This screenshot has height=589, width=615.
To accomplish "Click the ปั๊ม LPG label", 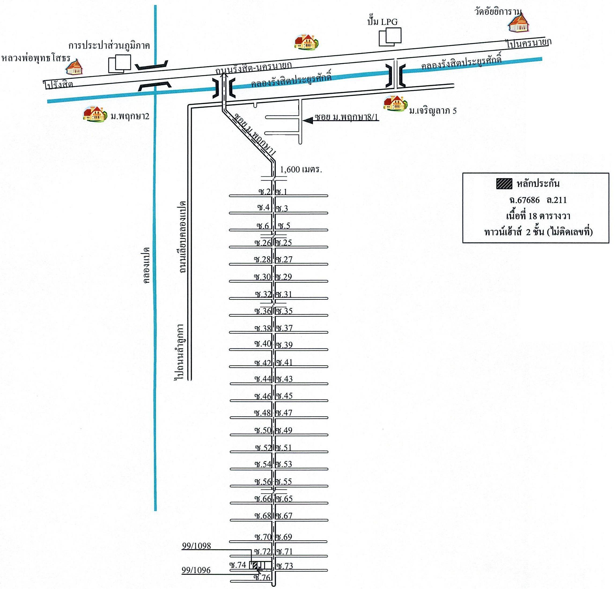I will [382, 22].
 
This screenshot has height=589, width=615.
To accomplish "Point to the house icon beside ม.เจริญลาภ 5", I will [395, 103].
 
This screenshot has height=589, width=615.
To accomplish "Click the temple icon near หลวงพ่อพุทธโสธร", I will [74, 66].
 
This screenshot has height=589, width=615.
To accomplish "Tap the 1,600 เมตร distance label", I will [301, 170].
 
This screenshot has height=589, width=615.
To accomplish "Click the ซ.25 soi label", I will [284, 242].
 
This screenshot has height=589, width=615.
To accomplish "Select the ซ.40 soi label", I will [263, 344].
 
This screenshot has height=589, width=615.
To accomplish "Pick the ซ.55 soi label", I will [284, 481].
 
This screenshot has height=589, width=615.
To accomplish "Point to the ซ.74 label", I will [238, 565].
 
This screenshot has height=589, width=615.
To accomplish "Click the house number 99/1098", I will [196, 546].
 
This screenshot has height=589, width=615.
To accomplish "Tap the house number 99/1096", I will [196, 570].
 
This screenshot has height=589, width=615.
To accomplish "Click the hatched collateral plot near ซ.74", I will [255, 565].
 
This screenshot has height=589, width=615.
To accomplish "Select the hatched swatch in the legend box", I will [504, 183].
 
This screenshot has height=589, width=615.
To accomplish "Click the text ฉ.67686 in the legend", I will [524, 200].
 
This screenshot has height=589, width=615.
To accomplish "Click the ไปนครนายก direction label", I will [529, 43].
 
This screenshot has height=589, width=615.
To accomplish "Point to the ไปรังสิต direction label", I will [59, 84].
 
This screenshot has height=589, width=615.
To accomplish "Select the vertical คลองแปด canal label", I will [146, 265].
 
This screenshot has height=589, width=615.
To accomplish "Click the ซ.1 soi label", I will [281, 192].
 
